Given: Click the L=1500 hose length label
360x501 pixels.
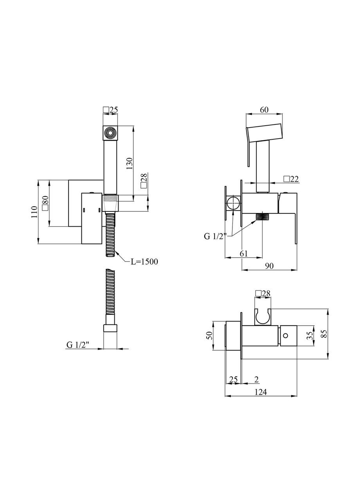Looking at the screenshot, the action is click(x=144, y=261).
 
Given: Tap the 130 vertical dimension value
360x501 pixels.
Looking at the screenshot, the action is click(x=130, y=164).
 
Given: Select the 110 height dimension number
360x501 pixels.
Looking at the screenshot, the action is click(x=34, y=212).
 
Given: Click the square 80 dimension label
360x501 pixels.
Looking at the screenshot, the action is click(x=45, y=203).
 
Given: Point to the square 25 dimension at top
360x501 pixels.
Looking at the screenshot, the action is click(x=110, y=110).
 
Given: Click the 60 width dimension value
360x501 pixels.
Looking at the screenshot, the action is click(x=264, y=110).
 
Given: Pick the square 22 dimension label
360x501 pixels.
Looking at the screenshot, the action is click(x=291, y=179).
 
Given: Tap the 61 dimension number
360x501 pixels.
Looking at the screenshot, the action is click(x=243, y=253).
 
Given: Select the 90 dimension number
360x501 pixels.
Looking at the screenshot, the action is click(x=269, y=266).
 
